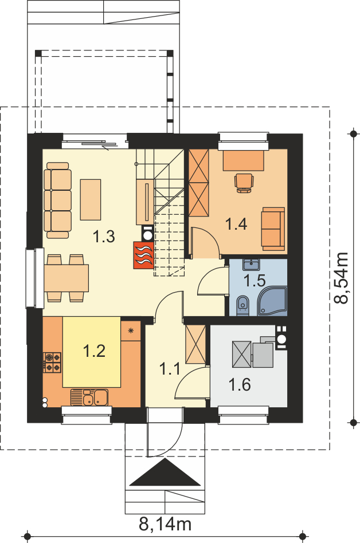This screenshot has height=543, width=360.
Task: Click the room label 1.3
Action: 104,237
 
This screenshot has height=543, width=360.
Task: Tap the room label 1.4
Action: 236,224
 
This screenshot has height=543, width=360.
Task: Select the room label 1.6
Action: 240,385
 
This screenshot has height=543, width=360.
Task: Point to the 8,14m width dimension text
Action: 165,524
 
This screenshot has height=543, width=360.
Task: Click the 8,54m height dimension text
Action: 341,278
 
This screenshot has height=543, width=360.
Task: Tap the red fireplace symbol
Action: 143,255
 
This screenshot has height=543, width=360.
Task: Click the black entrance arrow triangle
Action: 165,472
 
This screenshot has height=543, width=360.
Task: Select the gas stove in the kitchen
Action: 52,362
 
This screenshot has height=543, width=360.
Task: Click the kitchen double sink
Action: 89,397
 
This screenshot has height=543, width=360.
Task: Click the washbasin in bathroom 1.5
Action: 251,265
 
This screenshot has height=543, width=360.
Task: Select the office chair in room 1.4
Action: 244,183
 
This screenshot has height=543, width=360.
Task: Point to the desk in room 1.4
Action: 243,160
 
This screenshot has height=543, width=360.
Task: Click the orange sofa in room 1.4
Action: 273,229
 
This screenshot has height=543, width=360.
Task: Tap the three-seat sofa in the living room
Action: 58,200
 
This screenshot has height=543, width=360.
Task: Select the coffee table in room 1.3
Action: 91,200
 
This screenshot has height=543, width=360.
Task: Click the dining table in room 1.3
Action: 66,278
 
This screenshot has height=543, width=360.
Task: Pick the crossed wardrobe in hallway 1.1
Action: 195,344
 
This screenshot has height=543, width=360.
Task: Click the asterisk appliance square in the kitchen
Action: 131,330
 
